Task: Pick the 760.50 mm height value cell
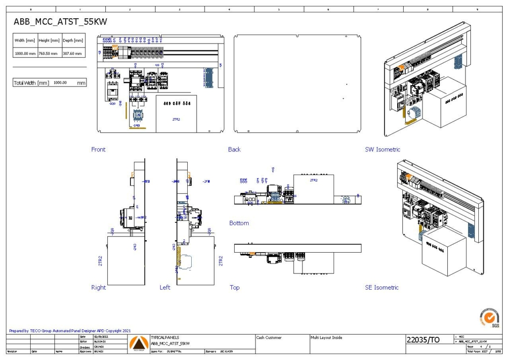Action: point(48,53)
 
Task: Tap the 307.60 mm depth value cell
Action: point(73,53)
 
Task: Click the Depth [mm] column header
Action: point(73,41)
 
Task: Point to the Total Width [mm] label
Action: point(31,83)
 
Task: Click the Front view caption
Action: point(98,149)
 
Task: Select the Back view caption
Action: point(234,149)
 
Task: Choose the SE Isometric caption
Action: point(382,287)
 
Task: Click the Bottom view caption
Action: point(239,223)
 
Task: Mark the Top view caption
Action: point(235,287)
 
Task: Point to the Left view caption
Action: point(165,287)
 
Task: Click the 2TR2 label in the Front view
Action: point(176,119)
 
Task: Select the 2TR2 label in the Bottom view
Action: point(313,180)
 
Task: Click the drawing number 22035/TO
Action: point(423,340)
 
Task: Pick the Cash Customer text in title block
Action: point(269,338)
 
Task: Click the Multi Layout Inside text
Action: point(326,338)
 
